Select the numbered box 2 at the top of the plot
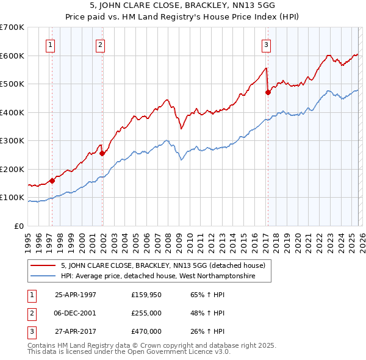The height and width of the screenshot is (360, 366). (100, 44)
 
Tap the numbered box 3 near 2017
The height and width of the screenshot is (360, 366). (267, 44)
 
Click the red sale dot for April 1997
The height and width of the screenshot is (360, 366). (52, 181)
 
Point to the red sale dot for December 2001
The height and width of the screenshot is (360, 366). (102, 154)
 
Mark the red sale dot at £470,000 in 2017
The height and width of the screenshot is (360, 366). (267, 93)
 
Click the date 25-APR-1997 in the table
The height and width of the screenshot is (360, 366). (76, 294)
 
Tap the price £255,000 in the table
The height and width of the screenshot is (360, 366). (146, 313)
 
